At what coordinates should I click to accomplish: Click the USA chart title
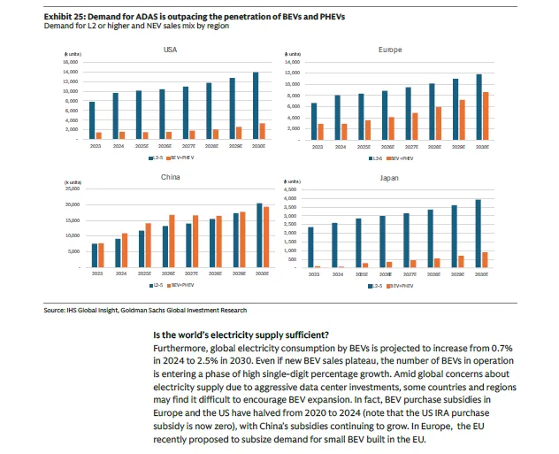[x=170, y=50]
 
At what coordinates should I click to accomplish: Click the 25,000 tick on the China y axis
[x=72, y=189]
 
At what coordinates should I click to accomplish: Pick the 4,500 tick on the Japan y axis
[x=288, y=189]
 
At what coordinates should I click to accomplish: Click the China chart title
[x=171, y=178]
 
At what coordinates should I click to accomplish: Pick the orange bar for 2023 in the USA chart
[x=99, y=135]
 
